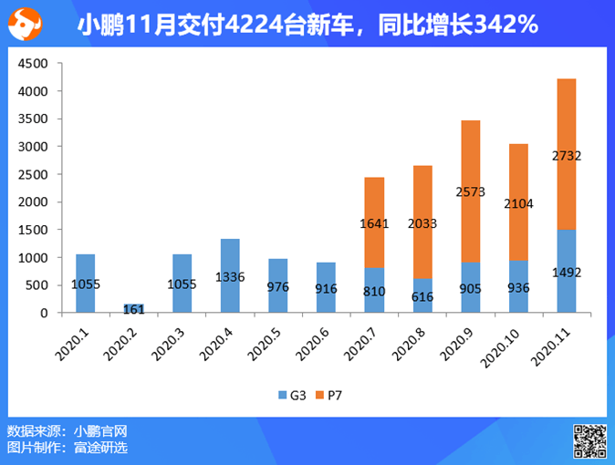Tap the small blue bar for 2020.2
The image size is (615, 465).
pos(133,308)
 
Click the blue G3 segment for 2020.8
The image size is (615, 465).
pos(422,295)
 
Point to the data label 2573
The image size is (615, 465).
pos(471,192)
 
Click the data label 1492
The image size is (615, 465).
pos(567,272)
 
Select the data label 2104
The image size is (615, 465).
pos(518,205)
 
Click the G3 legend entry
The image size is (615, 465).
pos(290,396)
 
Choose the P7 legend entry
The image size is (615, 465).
pos(328,396)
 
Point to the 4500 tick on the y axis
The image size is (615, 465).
pos(32,64)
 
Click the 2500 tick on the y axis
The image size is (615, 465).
pos(32,174)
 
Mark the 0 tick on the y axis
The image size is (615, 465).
pos(43,313)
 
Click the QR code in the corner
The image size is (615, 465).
pos(589,440)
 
